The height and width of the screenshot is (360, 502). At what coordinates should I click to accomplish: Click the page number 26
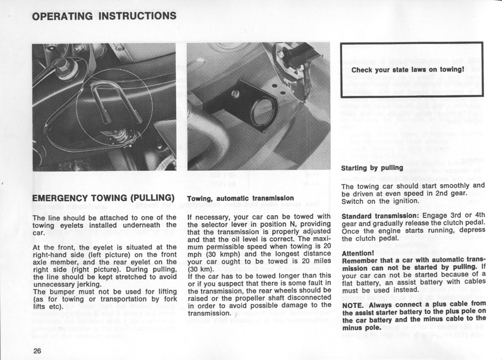pos(37,350)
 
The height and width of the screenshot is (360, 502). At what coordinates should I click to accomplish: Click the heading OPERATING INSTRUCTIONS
pos(104,16)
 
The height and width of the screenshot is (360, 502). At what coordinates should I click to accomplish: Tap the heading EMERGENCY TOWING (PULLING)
pos(104,198)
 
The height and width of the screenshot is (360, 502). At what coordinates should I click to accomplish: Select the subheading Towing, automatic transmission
pos(240,198)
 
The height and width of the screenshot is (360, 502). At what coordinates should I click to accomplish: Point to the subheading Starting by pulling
pos(371,167)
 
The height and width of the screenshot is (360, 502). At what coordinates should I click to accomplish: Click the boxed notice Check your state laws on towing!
pos(408,70)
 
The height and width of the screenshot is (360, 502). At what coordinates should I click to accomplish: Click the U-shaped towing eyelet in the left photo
pos(114,100)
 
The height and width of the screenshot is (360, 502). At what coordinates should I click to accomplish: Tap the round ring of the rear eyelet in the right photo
pos(260,111)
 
